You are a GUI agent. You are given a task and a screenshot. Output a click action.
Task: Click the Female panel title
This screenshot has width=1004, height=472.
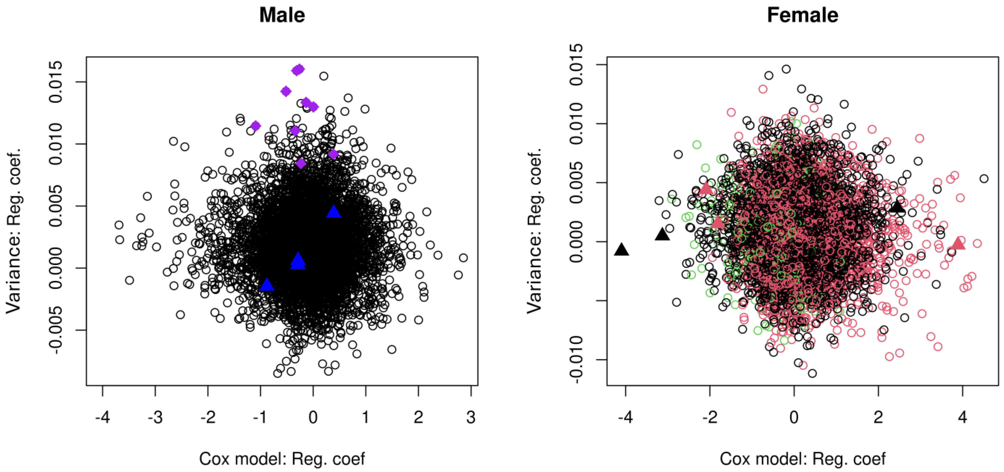click(802, 16)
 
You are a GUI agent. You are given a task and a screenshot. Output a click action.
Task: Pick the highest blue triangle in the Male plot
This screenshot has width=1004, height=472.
click(334, 212)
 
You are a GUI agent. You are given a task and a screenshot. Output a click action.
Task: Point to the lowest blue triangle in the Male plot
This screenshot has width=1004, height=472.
click(267, 285)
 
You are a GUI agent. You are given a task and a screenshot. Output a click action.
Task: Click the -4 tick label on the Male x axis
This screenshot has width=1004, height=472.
click(103, 417)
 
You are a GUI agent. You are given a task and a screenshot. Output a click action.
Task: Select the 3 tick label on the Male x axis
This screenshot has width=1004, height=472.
click(471, 417)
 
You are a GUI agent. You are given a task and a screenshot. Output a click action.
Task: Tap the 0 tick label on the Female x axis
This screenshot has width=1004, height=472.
click(794, 417)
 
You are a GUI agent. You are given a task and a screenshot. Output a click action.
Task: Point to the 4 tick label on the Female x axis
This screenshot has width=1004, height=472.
click(962, 417)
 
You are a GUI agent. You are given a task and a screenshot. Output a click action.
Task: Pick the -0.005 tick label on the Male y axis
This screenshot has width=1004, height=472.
click(56, 330)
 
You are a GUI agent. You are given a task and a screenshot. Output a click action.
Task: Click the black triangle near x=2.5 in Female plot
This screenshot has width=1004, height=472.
click(897, 207)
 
